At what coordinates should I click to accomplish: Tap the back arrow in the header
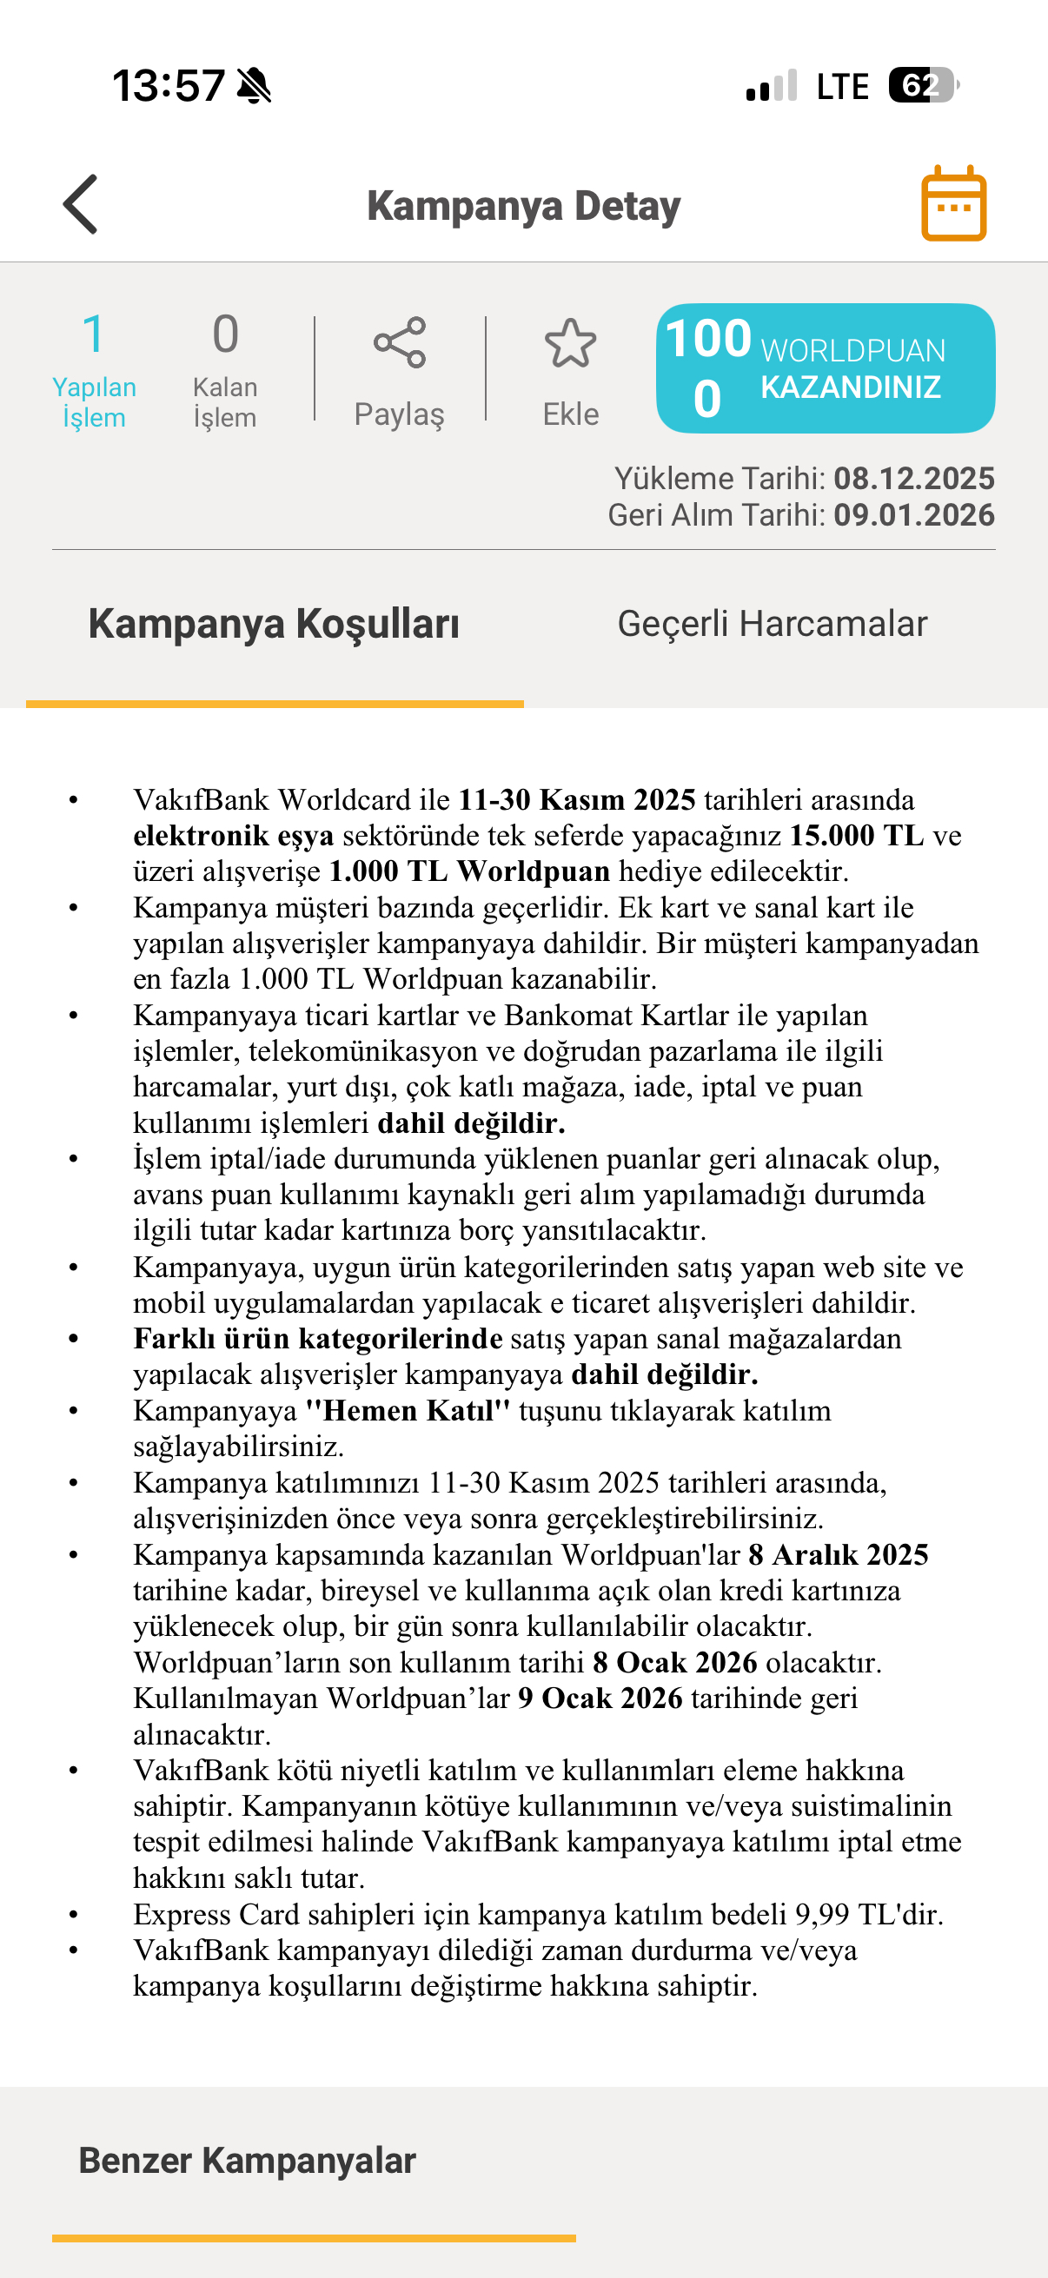point(81,204)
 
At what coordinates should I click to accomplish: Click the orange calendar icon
point(953,203)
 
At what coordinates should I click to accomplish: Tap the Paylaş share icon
point(400,342)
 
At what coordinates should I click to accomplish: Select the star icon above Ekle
point(570,343)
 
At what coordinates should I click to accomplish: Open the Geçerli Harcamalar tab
point(772,624)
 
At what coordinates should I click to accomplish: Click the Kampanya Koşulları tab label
point(273,624)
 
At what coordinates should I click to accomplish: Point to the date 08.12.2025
point(913,479)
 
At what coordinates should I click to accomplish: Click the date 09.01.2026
point(913,514)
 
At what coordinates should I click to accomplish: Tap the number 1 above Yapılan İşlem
point(93,334)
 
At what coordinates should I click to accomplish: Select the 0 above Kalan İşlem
point(226,334)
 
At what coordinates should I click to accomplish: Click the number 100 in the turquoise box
point(708,338)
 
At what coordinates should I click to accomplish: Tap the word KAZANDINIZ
point(851,387)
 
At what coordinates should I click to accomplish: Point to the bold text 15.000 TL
point(856,836)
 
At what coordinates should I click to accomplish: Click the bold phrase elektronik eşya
point(234,836)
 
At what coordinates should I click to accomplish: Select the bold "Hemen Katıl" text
point(408,1410)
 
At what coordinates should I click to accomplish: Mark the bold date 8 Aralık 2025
point(839,1554)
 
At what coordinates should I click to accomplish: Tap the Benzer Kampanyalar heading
point(247,2161)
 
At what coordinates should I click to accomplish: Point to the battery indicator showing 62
point(921,86)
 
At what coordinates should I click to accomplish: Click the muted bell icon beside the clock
point(255,86)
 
